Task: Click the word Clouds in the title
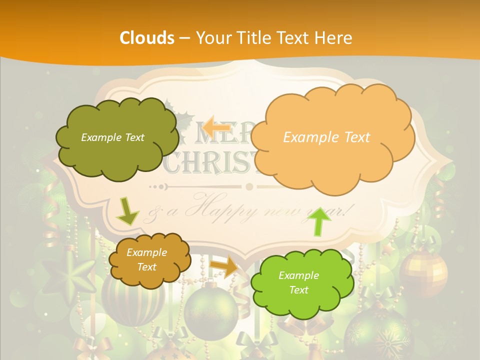coord(146,38)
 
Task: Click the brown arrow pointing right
coord(224,267)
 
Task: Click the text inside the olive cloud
coord(112,137)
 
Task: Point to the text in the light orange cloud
coord(326,137)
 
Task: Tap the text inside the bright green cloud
coord(298,282)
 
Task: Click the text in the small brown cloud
coord(146,259)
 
